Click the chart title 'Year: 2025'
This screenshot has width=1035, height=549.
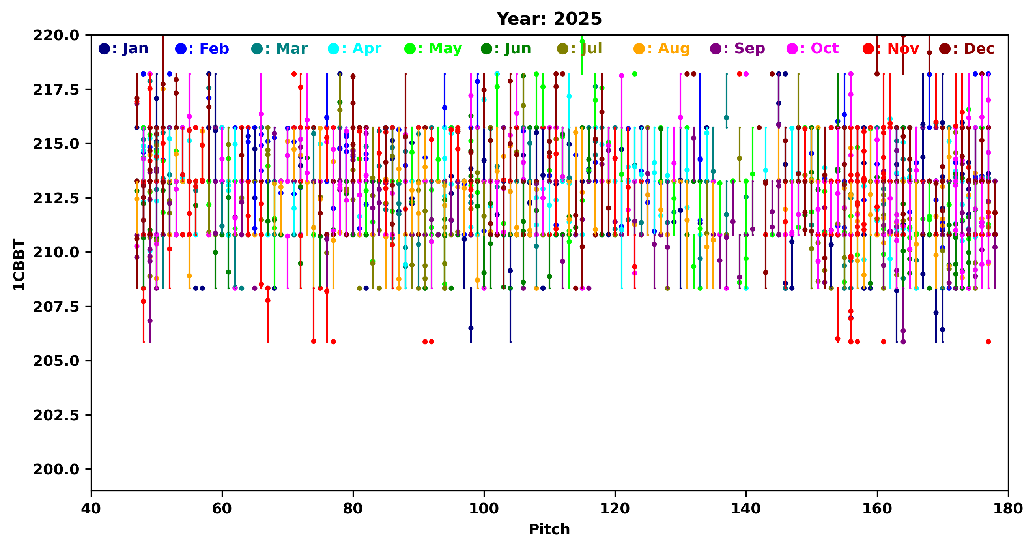click(549, 19)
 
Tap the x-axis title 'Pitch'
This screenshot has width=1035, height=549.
click(549, 529)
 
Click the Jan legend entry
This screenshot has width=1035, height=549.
click(124, 49)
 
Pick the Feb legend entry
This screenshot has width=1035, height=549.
click(202, 49)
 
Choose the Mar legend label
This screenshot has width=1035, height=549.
click(280, 49)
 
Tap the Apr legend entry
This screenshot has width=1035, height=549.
click(355, 49)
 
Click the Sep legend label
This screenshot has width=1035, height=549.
click(738, 49)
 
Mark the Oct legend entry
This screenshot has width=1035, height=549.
click(813, 49)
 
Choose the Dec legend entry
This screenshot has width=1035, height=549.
click(967, 49)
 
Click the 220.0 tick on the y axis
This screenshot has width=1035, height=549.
click(56, 36)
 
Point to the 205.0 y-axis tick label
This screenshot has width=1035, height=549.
click(56, 361)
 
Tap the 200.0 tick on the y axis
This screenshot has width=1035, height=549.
click(56, 469)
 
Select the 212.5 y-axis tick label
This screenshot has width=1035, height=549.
click(56, 198)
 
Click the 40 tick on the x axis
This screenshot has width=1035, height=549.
click(91, 509)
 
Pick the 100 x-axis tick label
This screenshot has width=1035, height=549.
click(484, 509)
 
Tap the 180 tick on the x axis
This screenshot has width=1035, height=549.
click(1008, 509)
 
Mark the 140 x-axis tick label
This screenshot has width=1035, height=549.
click(746, 509)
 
